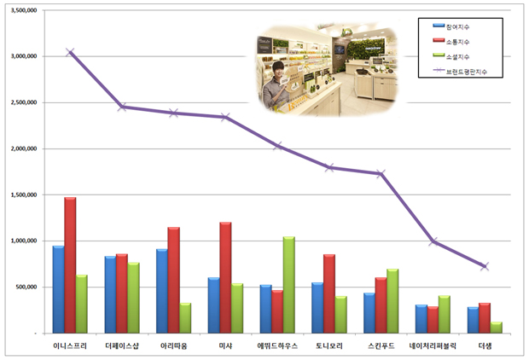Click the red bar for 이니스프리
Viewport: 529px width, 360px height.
coord(70,265)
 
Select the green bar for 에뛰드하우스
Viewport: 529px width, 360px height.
coord(288,285)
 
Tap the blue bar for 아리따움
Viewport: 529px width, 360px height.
coord(162,291)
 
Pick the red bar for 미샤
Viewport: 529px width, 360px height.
coord(225,277)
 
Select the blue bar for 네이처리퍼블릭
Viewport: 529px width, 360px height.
coord(421,319)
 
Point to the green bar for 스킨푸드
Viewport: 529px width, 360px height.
coord(392,301)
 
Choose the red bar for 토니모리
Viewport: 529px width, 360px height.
coord(329,293)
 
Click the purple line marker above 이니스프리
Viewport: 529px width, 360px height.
coord(70,52)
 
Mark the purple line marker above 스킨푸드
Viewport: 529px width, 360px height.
coord(381,174)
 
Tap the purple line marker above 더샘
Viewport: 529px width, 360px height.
coord(485,266)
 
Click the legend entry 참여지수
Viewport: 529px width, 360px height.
coord(451,26)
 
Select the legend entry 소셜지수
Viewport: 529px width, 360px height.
coord(451,56)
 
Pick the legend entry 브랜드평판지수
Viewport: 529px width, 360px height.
coord(460,71)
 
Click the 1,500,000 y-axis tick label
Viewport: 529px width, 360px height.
coord(24,195)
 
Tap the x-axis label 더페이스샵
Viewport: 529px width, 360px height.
coord(122,345)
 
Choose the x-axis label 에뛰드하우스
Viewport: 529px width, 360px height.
coord(277,345)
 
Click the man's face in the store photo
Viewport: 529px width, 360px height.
coord(278,70)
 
